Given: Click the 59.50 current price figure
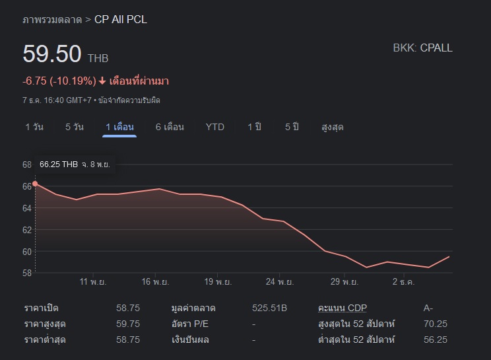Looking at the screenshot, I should pyautogui.click(x=52, y=54).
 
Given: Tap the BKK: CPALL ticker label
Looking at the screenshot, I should pyautogui.click(x=422, y=48).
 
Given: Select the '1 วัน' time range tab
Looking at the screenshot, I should pyautogui.click(x=34, y=127).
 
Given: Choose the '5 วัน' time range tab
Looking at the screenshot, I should pyautogui.click(x=75, y=127).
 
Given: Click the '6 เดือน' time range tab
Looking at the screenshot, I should pyautogui.click(x=170, y=127).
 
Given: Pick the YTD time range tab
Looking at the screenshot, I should pyautogui.click(x=215, y=127).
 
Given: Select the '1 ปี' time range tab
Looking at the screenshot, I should pyautogui.click(x=255, y=127).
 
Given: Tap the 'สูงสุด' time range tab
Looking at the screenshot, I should pyautogui.click(x=332, y=127).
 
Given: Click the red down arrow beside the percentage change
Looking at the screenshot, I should pyautogui.click(x=102, y=81).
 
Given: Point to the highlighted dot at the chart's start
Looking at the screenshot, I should pyautogui.click(x=35, y=184).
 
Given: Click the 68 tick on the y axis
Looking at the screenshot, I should pyautogui.click(x=27, y=164).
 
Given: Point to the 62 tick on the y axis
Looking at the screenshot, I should pyautogui.click(x=27, y=230).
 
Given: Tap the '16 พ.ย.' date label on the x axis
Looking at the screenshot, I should pyautogui.click(x=156, y=282).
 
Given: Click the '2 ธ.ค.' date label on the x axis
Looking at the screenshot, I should pyautogui.click(x=402, y=282).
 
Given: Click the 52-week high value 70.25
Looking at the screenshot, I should pyautogui.click(x=435, y=324).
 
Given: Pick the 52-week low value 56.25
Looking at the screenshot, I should pyautogui.click(x=435, y=340).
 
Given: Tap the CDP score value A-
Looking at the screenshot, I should pyautogui.click(x=429, y=308).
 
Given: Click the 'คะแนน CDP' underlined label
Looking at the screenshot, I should pyautogui.click(x=342, y=308).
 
